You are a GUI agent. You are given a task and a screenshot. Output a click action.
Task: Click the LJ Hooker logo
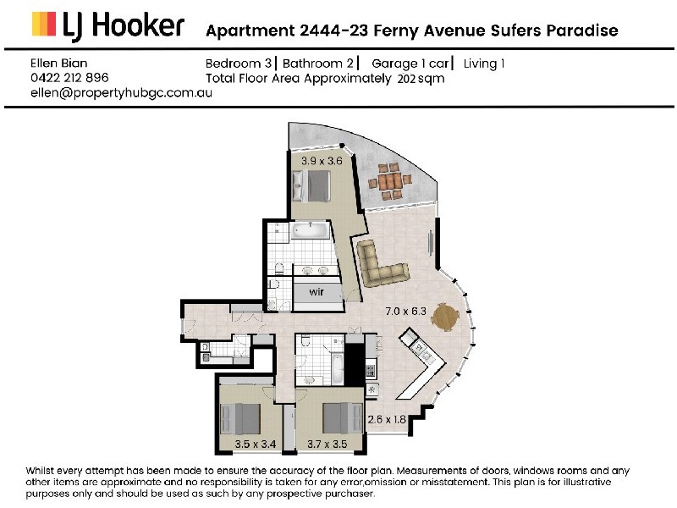pyautogui.click(x=108, y=26)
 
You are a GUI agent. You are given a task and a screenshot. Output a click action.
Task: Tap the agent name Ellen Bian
pyautogui.click(x=58, y=63)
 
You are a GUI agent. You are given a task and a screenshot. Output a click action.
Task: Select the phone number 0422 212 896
pyautogui.click(x=69, y=78)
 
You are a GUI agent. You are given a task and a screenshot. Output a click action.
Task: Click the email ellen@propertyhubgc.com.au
pyautogui.click(x=121, y=93)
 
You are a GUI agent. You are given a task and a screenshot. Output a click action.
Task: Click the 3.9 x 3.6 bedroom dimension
pyautogui.click(x=322, y=161)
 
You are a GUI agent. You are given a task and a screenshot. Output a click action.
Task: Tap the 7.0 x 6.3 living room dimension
pyautogui.click(x=405, y=311)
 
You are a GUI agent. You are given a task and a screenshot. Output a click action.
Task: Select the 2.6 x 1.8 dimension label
pyautogui.click(x=387, y=419)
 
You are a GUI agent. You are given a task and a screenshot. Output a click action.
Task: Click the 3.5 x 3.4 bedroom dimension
pyautogui.click(x=256, y=444)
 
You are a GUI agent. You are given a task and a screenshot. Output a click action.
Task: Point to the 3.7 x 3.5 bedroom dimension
pyautogui.click(x=327, y=444)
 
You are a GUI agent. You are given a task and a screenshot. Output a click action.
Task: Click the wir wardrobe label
pyautogui.click(x=316, y=292)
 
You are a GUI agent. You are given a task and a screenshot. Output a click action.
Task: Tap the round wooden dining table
pyautogui.click(x=445, y=317)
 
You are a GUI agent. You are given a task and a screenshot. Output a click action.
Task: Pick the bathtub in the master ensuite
pyautogui.click(x=310, y=230)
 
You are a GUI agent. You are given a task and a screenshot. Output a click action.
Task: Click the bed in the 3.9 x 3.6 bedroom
pyautogui.click(x=311, y=186)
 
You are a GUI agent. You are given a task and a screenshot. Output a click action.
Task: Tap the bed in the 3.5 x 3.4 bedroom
pyautogui.click(x=240, y=419)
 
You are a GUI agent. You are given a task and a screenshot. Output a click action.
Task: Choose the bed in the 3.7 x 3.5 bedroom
pyautogui.click(x=343, y=418)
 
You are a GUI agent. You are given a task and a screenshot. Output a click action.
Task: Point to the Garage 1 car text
pyautogui.click(x=410, y=64)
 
